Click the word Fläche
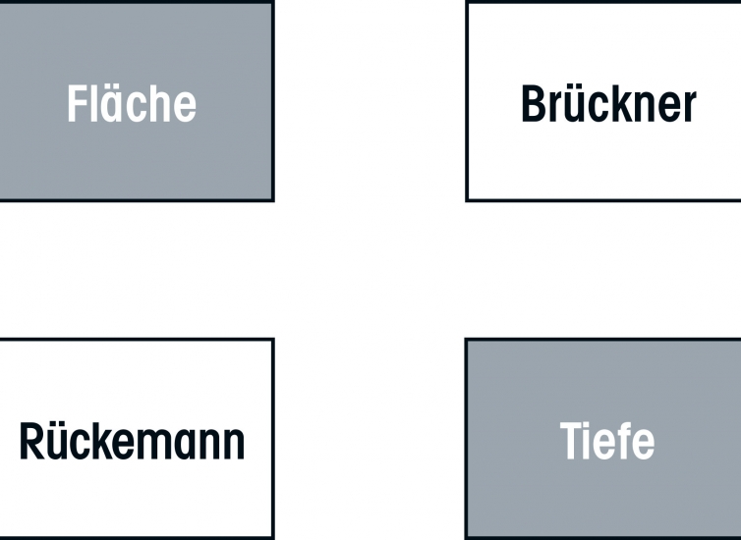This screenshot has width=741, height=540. [132, 103]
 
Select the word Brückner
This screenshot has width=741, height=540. [608, 103]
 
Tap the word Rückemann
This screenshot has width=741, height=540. [132, 441]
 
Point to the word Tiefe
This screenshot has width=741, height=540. [607, 441]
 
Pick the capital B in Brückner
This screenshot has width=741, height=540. [533, 103]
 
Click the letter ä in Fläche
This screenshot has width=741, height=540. [111, 105]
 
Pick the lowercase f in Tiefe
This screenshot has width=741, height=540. [621, 440]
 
